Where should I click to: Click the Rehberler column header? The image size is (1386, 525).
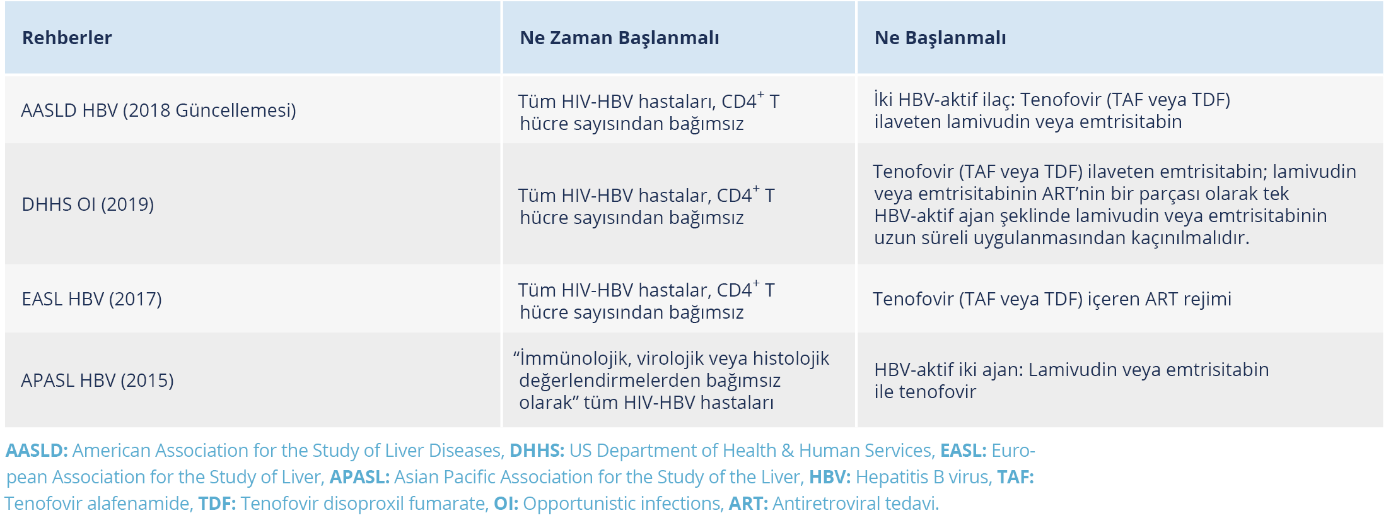[67, 38]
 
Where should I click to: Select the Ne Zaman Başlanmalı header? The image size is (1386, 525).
[619, 38]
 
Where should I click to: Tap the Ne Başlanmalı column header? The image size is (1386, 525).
[940, 38]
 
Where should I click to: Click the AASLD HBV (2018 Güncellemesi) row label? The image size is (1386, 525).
[158, 110]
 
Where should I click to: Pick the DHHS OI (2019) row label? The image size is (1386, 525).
[88, 204]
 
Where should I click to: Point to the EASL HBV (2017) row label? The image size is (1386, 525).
[91, 299]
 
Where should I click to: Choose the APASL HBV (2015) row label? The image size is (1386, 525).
[97, 380]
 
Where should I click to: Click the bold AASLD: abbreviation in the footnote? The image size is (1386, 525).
[37, 451]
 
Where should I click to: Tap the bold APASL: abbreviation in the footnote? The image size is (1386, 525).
[359, 477]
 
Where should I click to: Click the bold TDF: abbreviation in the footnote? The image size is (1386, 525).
[217, 504]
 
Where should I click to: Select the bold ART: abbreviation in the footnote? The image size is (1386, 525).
[748, 504]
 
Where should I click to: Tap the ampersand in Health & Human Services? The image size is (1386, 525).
[788, 451]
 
